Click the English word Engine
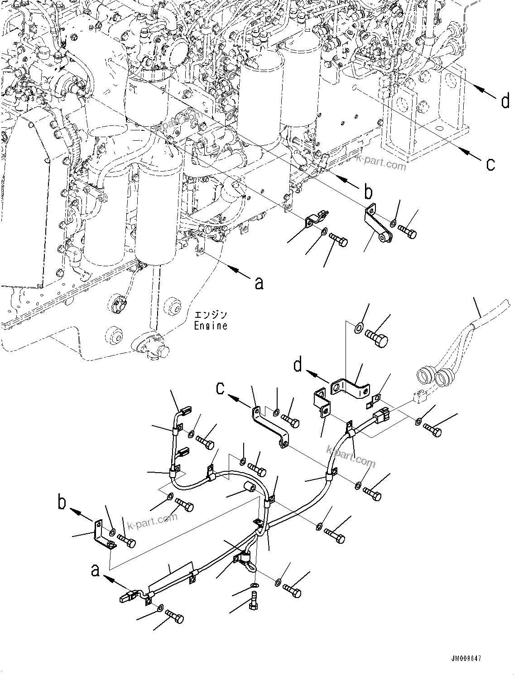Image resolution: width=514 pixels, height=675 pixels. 211,325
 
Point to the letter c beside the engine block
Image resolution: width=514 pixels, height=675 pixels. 490,163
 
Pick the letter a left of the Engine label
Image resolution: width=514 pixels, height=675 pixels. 259,283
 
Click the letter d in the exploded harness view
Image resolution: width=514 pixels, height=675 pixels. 298,365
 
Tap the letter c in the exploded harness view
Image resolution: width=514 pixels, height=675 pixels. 221,388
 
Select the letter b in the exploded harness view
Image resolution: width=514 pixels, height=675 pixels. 62,504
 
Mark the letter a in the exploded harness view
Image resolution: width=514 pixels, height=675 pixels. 95,570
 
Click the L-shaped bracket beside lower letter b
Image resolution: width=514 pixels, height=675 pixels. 102,536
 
